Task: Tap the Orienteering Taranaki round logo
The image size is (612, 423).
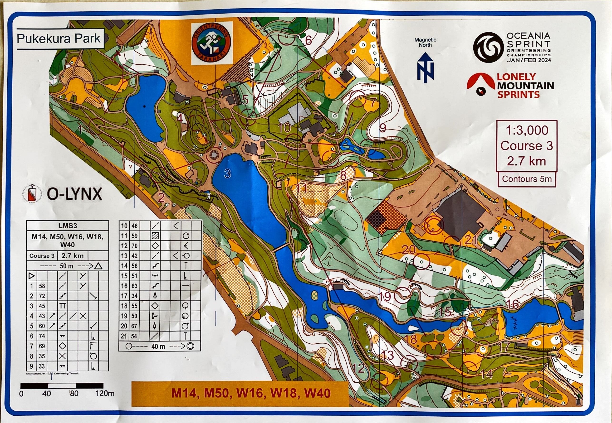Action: click(x=212, y=43)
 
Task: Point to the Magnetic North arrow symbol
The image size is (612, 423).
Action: click(x=425, y=66)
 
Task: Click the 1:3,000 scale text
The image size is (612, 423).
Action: click(x=527, y=130)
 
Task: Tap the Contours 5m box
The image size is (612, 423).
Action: click(x=527, y=179)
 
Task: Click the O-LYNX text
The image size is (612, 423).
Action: click(x=74, y=195)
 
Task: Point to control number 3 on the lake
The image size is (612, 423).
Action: click(x=227, y=174)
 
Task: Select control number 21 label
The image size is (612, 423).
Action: click(x=471, y=240)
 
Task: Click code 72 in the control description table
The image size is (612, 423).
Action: click(x=42, y=296)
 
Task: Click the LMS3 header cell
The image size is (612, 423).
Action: click(x=67, y=226)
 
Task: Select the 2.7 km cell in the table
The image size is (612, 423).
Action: click(x=72, y=256)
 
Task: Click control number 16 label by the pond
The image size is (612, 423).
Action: click(x=513, y=305)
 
